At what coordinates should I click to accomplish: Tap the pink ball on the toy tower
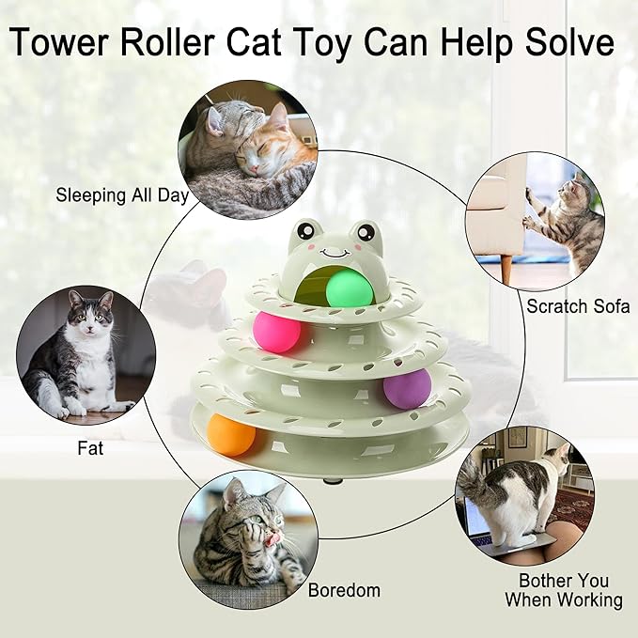pyautogui.click(x=275, y=332)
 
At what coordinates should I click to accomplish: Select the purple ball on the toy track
pyautogui.click(x=407, y=388)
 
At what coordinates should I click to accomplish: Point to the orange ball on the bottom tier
pyautogui.click(x=231, y=435)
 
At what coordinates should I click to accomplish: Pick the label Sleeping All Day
pyautogui.click(x=122, y=195)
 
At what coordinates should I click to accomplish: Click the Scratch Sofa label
pyautogui.click(x=578, y=305)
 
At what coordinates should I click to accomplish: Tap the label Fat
pyautogui.click(x=90, y=448)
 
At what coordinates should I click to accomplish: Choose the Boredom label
pyautogui.click(x=344, y=590)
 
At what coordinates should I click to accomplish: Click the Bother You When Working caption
pyautogui.click(x=564, y=590)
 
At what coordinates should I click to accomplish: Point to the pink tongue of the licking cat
pyautogui.click(x=273, y=537)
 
